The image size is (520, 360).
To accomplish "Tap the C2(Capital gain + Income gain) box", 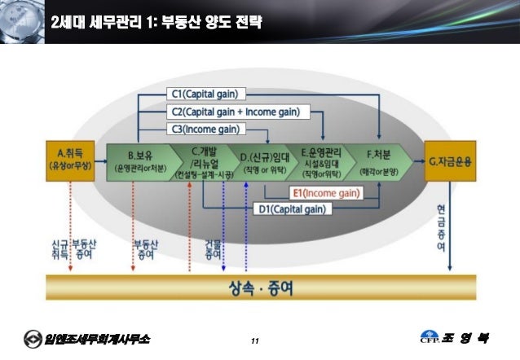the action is pos(234,110).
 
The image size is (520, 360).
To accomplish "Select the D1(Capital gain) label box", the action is pos(293,209).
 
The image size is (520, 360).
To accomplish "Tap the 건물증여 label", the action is pos(213,249).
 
